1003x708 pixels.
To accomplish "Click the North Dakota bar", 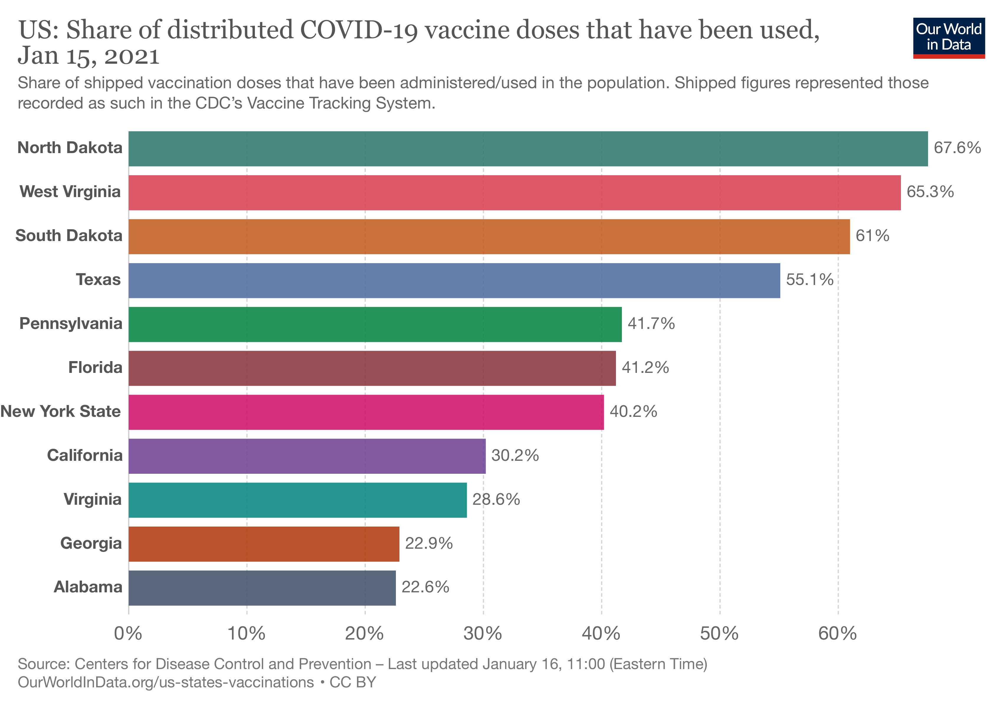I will coord(528,149).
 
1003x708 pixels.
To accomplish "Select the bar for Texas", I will coord(454,281).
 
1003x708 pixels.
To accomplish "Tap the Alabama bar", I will coord(262,588).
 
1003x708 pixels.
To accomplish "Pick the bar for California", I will coord(307,456).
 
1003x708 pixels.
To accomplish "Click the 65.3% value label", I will coord(930,192).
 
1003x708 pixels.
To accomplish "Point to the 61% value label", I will coord(872,236).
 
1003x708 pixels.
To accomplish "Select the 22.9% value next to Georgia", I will coord(429,544).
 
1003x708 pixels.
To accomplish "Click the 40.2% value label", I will coord(633,412).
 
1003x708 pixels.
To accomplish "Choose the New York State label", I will coord(61,412).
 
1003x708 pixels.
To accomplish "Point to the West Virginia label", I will coord(70,192).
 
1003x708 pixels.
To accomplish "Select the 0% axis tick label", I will coord(128,634).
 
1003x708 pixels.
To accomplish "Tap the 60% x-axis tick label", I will coord(838,634).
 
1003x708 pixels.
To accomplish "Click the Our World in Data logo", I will coord(949,37).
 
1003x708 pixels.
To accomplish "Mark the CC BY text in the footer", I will coord(353,683).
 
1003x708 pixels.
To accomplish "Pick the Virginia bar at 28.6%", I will coord(297,500).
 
